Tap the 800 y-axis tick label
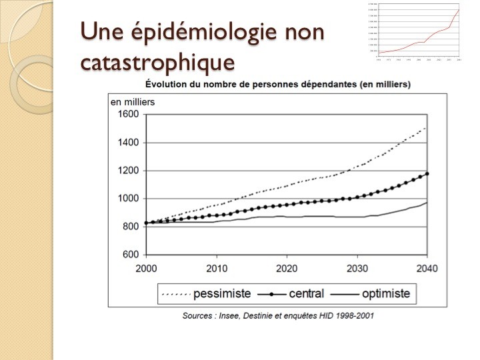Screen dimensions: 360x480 130,227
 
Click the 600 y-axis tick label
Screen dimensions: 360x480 130,255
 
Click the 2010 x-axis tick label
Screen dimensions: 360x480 216,269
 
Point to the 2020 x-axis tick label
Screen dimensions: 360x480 286,269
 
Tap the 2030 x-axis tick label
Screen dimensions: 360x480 357,269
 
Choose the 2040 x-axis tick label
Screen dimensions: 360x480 427,269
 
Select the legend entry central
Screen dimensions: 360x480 307,293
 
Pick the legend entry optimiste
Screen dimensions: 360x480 389,293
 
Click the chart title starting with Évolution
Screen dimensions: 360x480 277,85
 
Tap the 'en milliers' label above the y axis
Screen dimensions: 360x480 133,101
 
